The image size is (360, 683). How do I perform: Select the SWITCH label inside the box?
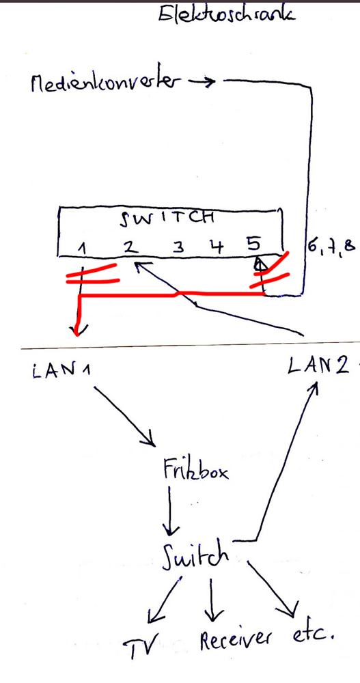click(x=167, y=218)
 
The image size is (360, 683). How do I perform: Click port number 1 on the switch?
click(x=83, y=248)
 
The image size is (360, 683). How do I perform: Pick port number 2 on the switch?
click(x=130, y=246)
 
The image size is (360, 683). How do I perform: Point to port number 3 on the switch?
click(x=179, y=247)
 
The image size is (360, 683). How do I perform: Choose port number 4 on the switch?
click(x=215, y=246)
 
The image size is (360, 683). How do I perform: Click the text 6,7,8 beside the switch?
click(x=331, y=246)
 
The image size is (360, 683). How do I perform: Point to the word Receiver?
click(x=235, y=639)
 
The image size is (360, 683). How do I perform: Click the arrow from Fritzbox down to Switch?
click(x=170, y=510)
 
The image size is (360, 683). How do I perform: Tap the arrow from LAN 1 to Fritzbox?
click(x=124, y=417)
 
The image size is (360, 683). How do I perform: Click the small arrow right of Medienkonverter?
click(x=204, y=82)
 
